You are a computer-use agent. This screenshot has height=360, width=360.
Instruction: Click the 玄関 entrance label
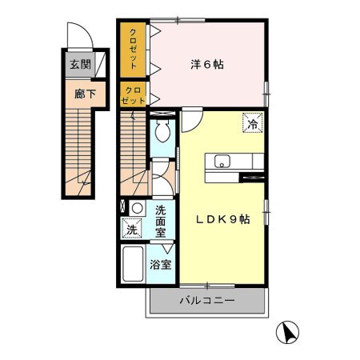pyautogui.click(x=80, y=65)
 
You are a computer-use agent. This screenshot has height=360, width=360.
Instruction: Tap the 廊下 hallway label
pyautogui.click(x=85, y=94)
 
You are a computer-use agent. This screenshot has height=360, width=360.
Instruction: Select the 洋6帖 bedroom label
pyautogui.click(x=207, y=65)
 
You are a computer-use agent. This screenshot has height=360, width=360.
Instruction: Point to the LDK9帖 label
pyautogui.click(x=223, y=219)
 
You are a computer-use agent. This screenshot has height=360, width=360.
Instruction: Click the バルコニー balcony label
pyautogui.click(x=207, y=301)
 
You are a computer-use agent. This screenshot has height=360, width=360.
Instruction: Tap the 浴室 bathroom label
pyautogui.click(x=160, y=264)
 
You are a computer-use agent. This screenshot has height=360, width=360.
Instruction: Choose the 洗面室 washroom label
pyautogui.click(x=161, y=222)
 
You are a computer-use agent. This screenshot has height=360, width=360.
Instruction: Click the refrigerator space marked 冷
pyautogui.click(x=253, y=122)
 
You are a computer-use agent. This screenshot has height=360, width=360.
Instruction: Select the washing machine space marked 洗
pyautogui.click(x=132, y=228)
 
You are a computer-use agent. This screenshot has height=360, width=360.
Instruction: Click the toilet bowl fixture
pyautogui.click(x=162, y=130)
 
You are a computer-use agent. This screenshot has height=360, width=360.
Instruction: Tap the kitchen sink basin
pyautogui.click(x=222, y=161)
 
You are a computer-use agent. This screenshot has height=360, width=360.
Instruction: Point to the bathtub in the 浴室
pyautogui.click(x=133, y=264)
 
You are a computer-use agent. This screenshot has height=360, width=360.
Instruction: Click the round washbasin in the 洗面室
pyautogui.click(x=138, y=208)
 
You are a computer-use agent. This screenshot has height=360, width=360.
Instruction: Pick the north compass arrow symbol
pyautogui.click(x=287, y=332)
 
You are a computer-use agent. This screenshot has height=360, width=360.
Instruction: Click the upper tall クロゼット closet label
pyautogui.click(x=133, y=50)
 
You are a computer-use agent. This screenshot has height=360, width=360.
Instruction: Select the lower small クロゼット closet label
pyautogui.click(x=133, y=95)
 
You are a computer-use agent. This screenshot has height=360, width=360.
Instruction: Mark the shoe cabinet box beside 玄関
pyautogui.click(x=100, y=64)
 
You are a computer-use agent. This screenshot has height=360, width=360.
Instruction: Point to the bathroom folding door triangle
pyautogui.click(x=169, y=248)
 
